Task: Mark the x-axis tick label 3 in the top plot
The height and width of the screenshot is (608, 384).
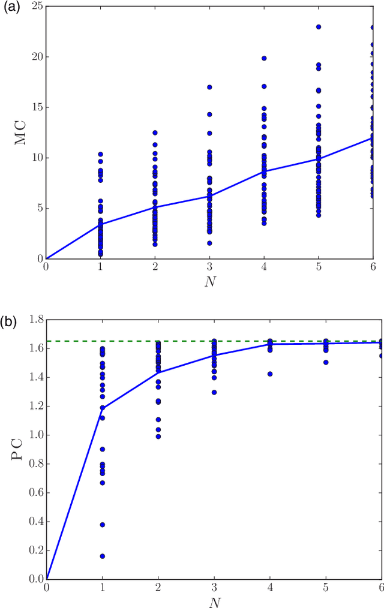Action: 209,267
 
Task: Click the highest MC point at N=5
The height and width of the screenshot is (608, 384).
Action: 319,27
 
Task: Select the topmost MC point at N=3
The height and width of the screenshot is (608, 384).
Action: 209,87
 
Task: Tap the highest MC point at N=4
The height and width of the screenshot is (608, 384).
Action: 264,58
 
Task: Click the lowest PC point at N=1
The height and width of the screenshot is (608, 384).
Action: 103,556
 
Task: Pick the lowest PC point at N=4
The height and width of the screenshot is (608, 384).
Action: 270,374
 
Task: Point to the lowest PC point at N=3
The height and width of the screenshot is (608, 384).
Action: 214,392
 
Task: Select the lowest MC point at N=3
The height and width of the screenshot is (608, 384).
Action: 209,243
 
